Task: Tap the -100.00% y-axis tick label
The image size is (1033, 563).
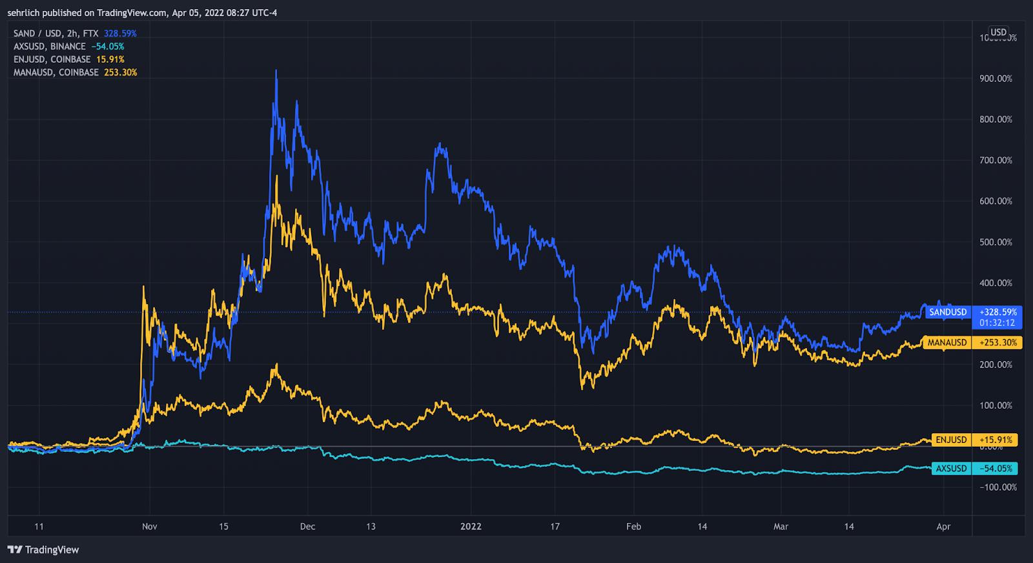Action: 998,487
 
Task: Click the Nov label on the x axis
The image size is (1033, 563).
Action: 149,526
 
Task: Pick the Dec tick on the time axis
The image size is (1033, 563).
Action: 308,526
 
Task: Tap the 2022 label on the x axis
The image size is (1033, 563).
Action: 471,526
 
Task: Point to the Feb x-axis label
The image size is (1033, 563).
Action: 633,526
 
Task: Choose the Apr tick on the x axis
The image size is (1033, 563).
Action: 943,526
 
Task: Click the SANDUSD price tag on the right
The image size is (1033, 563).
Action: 948,312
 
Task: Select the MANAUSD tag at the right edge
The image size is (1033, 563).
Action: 947,343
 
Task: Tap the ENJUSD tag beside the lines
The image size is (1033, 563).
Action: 951,440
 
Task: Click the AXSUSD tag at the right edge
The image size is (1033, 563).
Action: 951,469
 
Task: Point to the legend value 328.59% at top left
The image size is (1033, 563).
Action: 120,34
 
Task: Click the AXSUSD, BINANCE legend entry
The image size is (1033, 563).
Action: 50,46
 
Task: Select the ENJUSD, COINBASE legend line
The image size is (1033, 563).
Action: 52,59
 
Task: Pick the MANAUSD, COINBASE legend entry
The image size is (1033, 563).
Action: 56,72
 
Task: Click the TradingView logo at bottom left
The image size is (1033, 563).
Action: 43,550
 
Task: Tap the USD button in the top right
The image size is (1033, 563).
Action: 998,32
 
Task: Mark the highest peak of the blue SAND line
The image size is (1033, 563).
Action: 276,70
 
